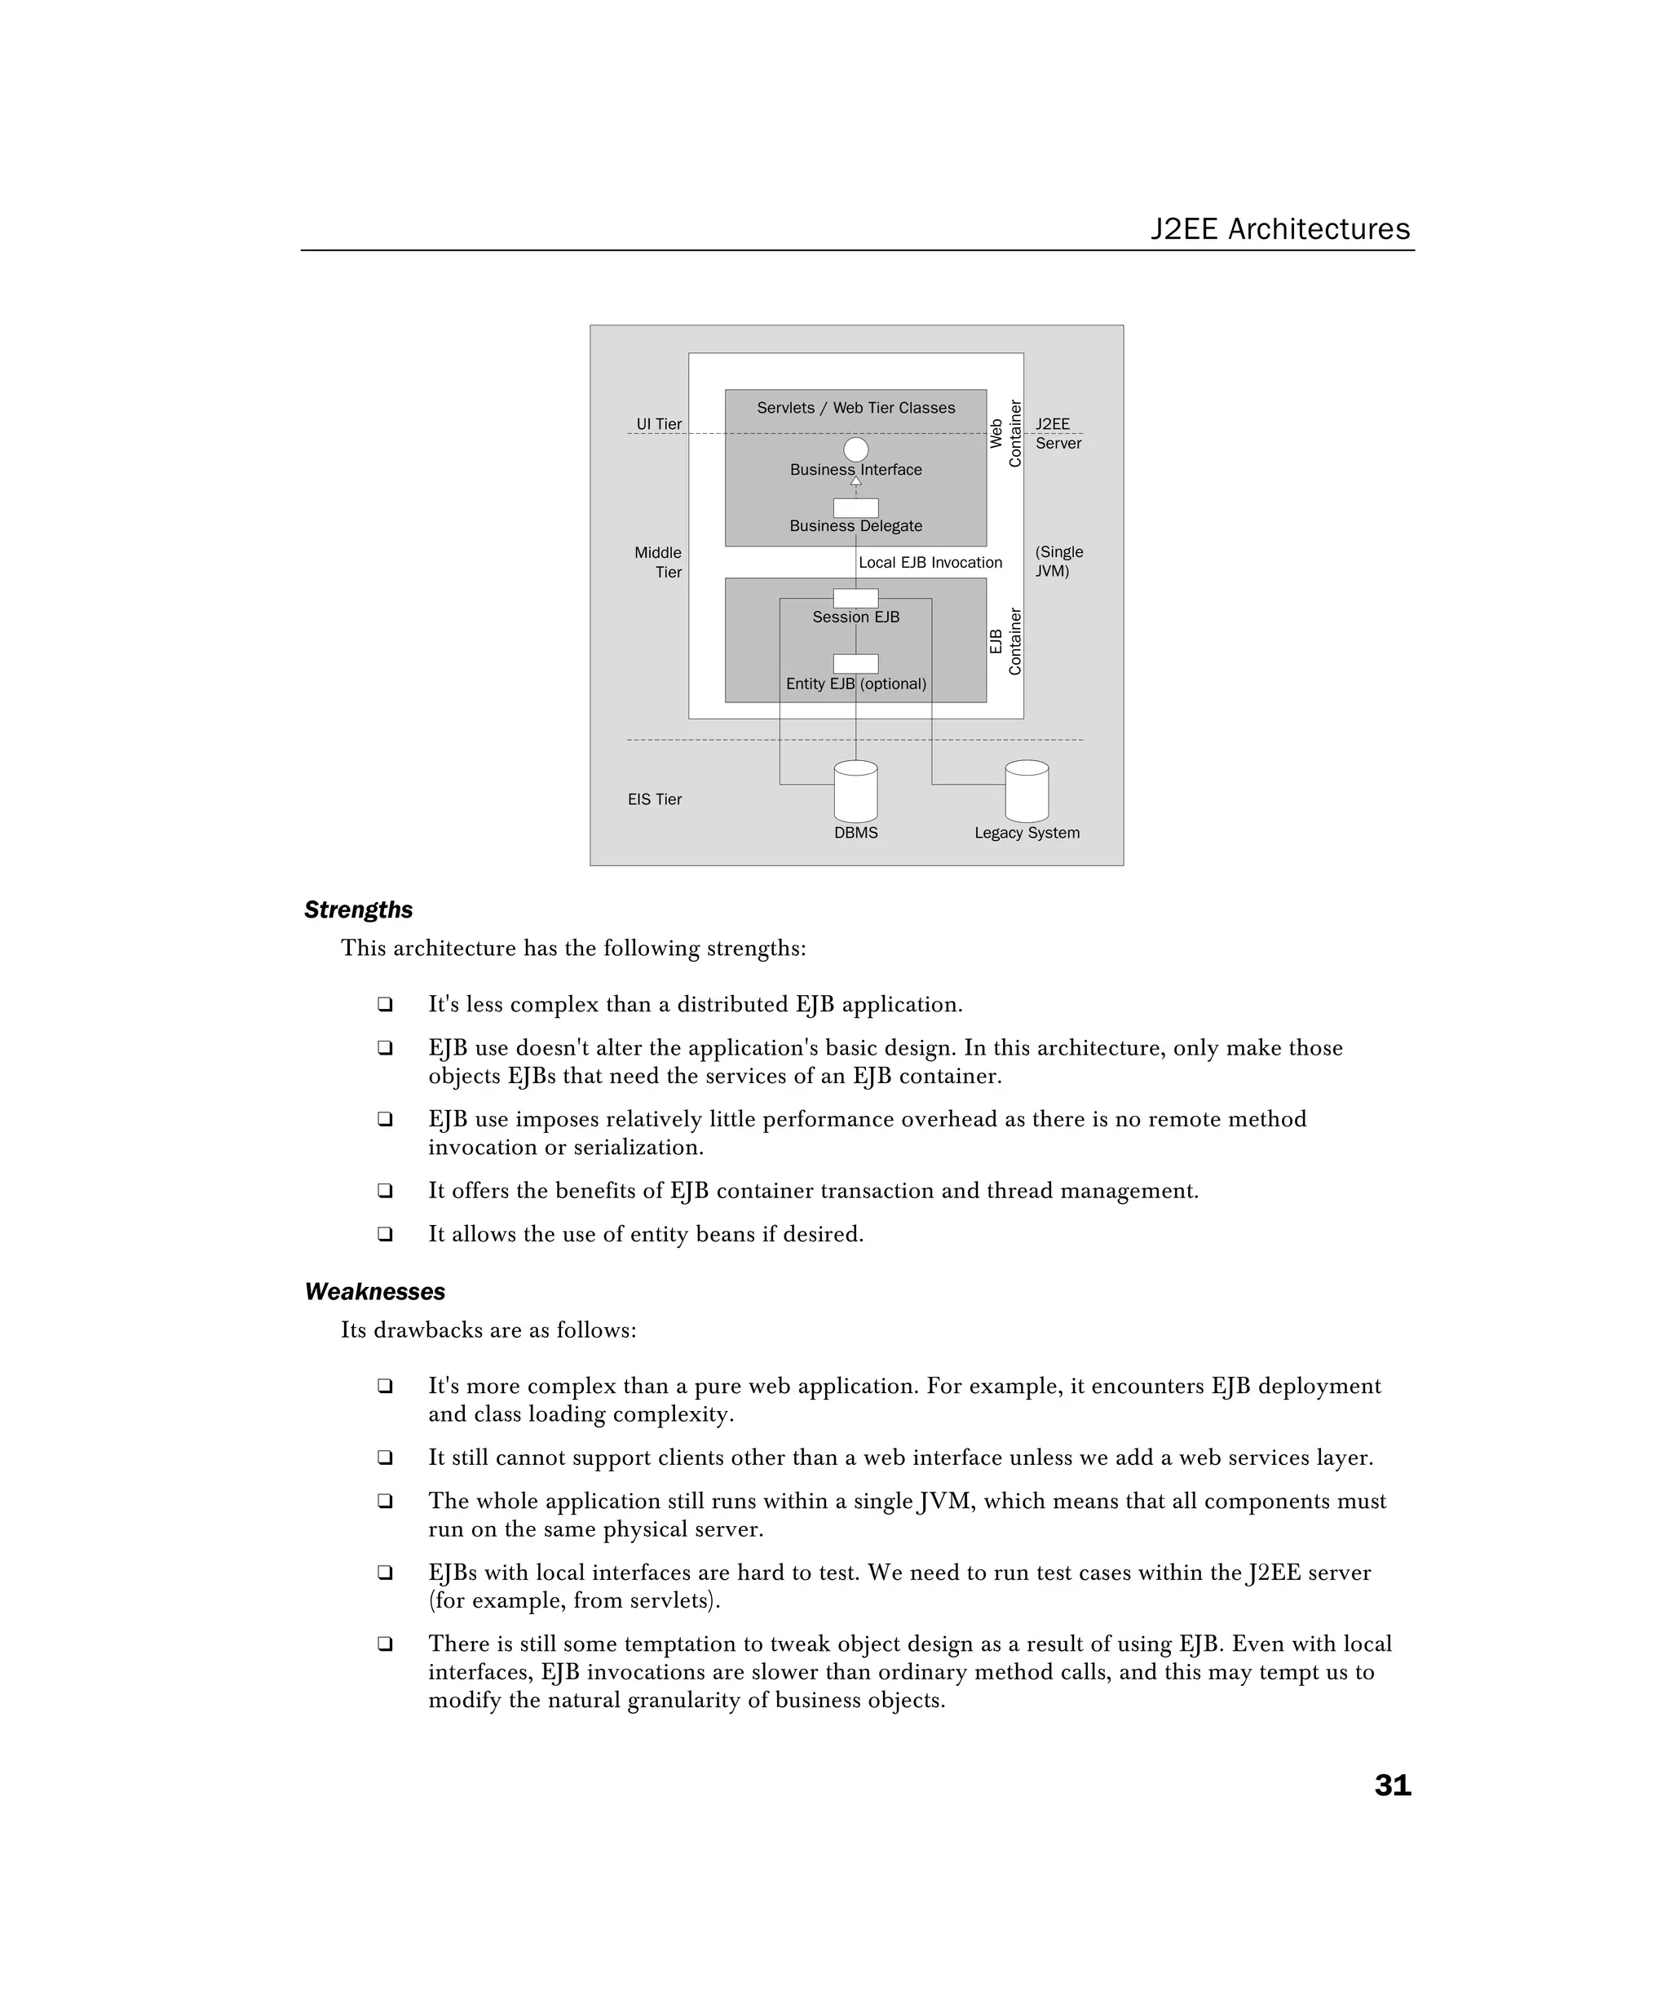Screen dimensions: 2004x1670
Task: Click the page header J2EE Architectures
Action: click(1279, 229)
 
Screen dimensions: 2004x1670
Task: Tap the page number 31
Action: click(1391, 1785)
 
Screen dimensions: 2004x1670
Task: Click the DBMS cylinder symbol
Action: click(855, 791)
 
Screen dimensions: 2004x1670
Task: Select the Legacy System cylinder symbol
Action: click(1027, 791)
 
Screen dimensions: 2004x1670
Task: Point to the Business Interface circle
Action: click(856, 449)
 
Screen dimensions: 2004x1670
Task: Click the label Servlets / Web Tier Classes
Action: click(856, 408)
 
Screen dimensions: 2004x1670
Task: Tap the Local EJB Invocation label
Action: click(930, 562)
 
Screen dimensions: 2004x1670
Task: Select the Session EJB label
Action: click(856, 617)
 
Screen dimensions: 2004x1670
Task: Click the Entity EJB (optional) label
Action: click(856, 683)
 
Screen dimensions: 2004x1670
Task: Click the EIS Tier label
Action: click(655, 799)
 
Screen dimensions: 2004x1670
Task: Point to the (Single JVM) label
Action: click(1058, 561)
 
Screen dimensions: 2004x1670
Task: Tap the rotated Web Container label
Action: click(1005, 433)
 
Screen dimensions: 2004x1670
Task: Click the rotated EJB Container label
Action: click(1005, 641)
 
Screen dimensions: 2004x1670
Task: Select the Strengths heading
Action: click(358, 909)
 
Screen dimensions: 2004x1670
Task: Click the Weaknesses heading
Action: click(374, 1291)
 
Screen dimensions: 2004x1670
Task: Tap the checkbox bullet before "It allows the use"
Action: click(385, 1233)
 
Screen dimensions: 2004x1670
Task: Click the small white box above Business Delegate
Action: click(856, 507)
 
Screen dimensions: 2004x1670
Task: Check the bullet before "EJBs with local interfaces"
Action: click(385, 1572)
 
